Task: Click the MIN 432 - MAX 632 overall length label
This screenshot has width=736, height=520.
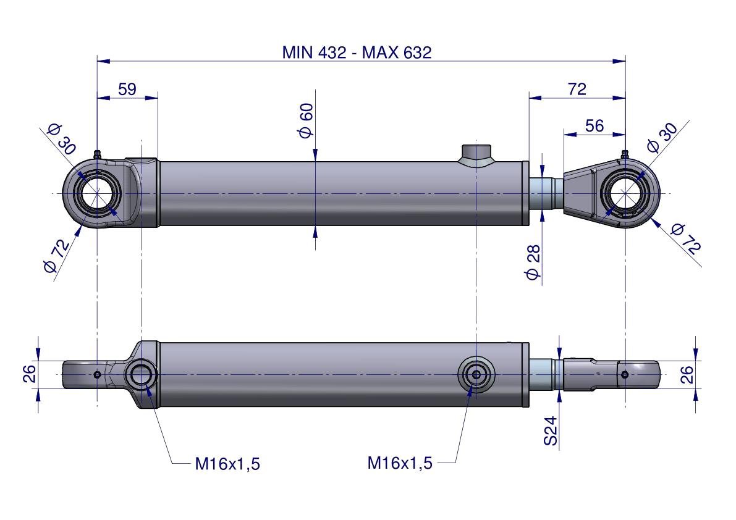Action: coord(357,52)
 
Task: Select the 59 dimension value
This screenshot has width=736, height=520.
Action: coord(127,89)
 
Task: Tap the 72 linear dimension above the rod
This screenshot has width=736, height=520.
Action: coord(577,89)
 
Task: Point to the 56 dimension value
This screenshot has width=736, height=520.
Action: coord(594,126)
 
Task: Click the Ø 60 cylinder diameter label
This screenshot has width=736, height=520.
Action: coord(307,120)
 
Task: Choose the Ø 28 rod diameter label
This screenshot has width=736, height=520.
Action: coord(533,262)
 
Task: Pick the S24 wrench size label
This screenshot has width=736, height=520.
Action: coord(551,430)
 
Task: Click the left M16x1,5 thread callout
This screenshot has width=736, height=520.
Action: coord(227,464)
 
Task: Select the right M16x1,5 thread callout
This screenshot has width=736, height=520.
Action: coord(400,463)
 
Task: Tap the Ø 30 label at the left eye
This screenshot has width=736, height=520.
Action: coord(61,139)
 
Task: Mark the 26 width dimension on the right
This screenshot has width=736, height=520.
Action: coord(687,374)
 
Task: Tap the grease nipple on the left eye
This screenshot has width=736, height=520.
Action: coord(97,154)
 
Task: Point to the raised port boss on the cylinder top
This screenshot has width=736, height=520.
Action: coord(476,153)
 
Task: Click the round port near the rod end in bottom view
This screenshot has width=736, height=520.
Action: coord(476,374)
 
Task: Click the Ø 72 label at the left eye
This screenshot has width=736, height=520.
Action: coord(57,256)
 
